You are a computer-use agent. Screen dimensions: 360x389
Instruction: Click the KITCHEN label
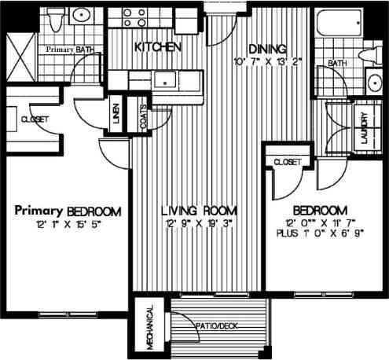tap(159, 47)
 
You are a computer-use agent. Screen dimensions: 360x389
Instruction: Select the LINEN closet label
tap(115, 116)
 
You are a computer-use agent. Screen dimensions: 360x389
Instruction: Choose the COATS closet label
tap(144, 119)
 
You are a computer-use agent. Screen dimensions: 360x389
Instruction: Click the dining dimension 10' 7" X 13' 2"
tap(267, 61)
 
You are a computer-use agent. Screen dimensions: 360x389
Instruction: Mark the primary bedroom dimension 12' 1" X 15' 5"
tap(68, 225)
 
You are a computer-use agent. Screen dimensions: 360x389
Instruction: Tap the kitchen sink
tap(166, 79)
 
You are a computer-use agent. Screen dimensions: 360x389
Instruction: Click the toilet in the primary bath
tap(53, 20)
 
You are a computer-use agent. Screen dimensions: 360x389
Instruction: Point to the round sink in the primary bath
tap(81, 16)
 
